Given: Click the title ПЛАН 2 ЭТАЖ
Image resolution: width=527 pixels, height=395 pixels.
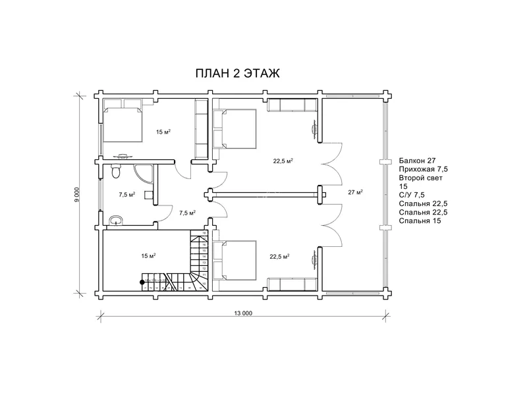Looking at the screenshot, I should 238,74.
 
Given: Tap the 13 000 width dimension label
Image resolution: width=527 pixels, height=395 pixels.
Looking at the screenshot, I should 242,313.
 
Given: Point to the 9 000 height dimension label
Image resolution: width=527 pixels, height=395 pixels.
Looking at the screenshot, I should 78,195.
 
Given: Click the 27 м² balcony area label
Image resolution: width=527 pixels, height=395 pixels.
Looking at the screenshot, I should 355,192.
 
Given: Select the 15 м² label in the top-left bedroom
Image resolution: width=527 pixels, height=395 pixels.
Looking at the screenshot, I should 163,132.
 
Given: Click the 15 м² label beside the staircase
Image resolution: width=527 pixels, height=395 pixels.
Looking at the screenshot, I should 149,255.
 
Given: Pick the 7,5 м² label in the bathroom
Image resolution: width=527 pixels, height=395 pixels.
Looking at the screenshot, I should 126,195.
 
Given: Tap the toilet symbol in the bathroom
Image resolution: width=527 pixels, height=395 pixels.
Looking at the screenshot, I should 117,172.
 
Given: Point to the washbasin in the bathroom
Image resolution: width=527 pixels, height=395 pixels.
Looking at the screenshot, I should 117,220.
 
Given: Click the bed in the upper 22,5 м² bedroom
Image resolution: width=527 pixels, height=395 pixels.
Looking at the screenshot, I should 237,128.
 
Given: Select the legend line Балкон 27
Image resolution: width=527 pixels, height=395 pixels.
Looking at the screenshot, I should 417,161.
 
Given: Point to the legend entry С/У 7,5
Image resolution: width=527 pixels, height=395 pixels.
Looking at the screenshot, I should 412,195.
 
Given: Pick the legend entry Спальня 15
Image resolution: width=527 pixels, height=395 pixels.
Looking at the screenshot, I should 420,221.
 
